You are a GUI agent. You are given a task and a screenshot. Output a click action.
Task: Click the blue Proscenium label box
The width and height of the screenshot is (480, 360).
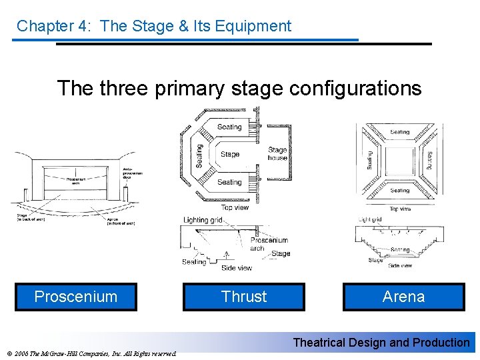(x=76, y=297)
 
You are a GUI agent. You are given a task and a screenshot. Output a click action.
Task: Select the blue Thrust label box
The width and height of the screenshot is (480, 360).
(x=244, y=297)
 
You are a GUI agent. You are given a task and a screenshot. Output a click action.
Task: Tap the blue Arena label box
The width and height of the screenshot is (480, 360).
(x=403, y=297)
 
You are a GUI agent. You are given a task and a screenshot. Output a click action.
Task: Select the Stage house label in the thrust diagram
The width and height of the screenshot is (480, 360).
(x=277, y=154)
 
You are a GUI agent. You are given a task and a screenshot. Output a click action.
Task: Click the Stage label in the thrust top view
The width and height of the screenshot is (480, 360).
(x=229, y=155)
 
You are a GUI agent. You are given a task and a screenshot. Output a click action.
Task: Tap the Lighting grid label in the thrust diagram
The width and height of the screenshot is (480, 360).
(x=203, y=220)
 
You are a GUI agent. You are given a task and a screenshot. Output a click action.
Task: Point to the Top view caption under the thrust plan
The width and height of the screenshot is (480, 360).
(x=235, y=207)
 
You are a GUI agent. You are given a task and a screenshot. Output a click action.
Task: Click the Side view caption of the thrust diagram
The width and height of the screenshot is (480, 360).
(x=236, y=268)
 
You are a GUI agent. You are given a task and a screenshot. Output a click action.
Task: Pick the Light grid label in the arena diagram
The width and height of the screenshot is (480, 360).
(x=370, y=219)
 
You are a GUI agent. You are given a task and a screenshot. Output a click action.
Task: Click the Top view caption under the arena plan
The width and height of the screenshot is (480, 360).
(x=400, y=209)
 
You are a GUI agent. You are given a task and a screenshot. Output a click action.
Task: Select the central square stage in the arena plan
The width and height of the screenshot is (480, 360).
(x=400, y=160)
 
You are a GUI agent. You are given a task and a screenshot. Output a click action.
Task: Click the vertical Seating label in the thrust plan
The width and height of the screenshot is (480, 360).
(x=199, y=156)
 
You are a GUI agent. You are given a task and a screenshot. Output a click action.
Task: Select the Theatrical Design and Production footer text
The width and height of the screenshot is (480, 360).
(x=381, y=343)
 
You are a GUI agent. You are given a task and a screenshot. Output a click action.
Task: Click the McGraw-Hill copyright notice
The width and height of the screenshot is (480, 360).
(x=90, y=353)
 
